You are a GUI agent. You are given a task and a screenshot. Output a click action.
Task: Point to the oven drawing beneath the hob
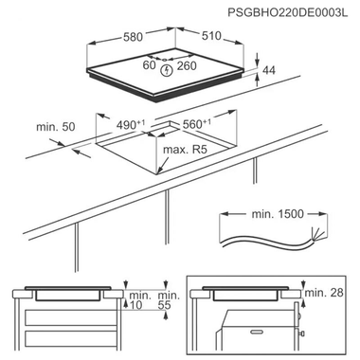(x=256, y=327)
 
